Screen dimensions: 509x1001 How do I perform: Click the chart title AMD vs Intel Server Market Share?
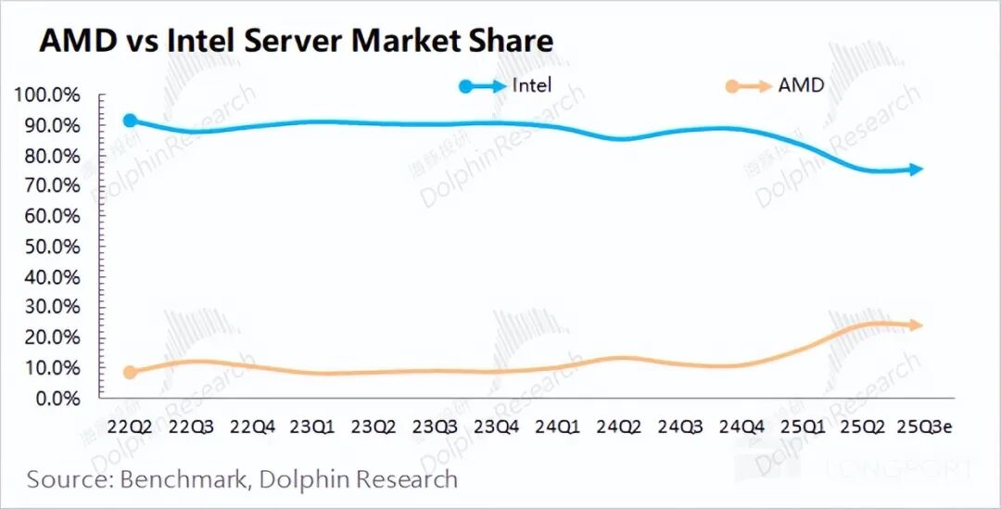295,41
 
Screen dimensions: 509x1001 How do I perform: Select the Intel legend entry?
532,85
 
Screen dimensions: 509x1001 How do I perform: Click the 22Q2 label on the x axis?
131,427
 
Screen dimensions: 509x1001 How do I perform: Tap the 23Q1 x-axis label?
313,427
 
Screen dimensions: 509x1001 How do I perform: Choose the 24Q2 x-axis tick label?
619,427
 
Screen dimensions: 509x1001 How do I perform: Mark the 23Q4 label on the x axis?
497,427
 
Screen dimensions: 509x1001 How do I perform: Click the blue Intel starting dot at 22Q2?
131,121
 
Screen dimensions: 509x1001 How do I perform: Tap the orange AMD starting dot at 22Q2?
131,372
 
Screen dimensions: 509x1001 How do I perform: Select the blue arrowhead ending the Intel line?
916,169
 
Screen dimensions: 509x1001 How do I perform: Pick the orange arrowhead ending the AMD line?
916,324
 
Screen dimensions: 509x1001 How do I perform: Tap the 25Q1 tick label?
803,427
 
